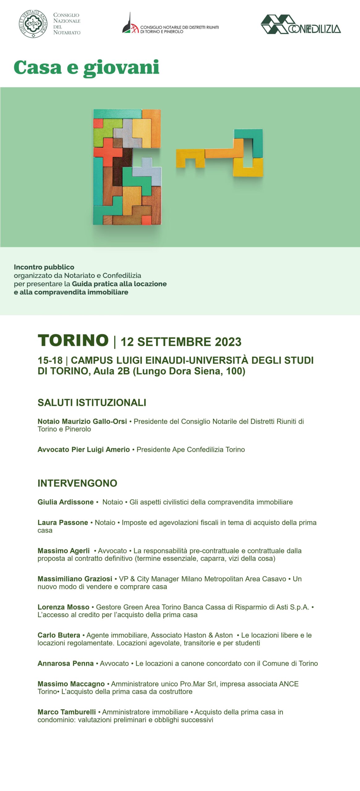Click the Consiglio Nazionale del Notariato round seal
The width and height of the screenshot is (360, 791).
33,24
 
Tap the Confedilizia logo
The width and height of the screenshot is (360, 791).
300,25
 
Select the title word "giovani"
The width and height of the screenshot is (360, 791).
121,68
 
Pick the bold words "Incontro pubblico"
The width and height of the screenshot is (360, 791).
44,267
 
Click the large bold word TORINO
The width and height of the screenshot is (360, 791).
73,341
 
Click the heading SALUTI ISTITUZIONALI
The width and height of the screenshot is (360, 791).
92,403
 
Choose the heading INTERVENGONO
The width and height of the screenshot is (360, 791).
77,483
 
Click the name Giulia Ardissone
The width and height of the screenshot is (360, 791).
66,502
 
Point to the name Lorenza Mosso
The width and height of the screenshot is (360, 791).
63,607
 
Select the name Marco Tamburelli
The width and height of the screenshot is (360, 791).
67,712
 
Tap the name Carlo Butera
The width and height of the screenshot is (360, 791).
59,635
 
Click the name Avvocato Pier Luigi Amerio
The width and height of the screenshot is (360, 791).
83,450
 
